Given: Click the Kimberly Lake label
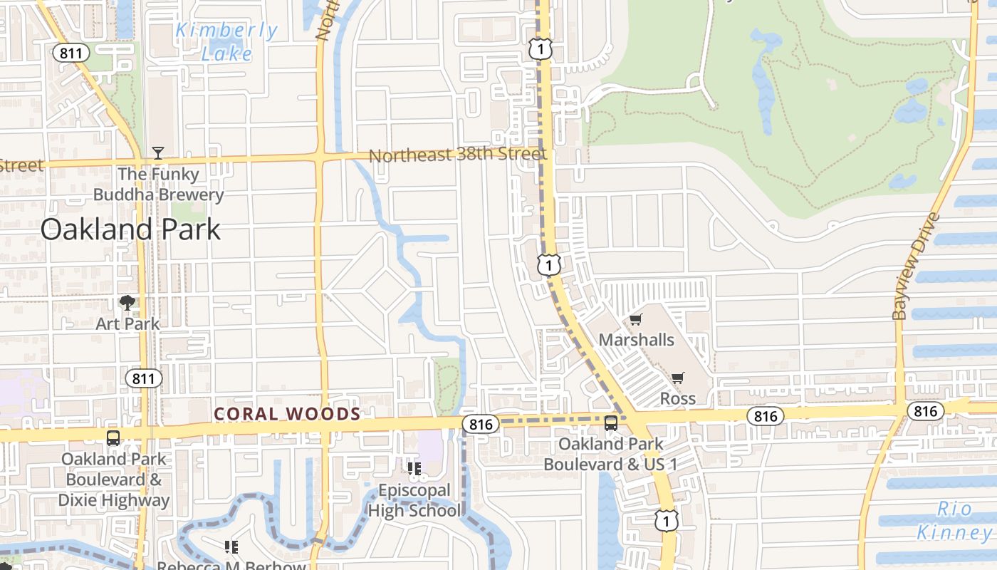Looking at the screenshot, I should [x=226, y=41].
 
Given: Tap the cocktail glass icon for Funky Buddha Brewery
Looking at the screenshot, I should [x=158, y=152].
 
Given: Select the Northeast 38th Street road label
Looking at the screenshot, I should [x=457, y=154].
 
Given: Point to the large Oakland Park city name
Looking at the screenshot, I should [x=130, y=229].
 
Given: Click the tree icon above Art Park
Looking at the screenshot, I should [x=127, y=303].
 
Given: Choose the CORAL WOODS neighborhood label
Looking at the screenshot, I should [x=287, y=414].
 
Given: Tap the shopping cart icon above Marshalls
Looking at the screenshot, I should [x=635, y=320].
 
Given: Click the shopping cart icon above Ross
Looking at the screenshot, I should [x=677, y=378].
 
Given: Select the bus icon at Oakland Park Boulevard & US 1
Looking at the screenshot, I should [x=611, y=423].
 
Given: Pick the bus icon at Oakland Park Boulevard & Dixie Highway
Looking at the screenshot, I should [x=113, y=438].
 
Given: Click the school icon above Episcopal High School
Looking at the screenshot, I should [x=414, y=468].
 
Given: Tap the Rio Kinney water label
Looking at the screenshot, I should [x=954, y=521].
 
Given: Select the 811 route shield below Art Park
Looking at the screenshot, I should [x=144, y=378].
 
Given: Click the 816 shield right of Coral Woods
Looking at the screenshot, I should [x=481, y=425].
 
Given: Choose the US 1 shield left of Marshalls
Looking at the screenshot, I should [x=547, y=265].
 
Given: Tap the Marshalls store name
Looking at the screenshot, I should [x=636, y=340].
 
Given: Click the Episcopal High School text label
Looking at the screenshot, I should [x=414, y=500].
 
